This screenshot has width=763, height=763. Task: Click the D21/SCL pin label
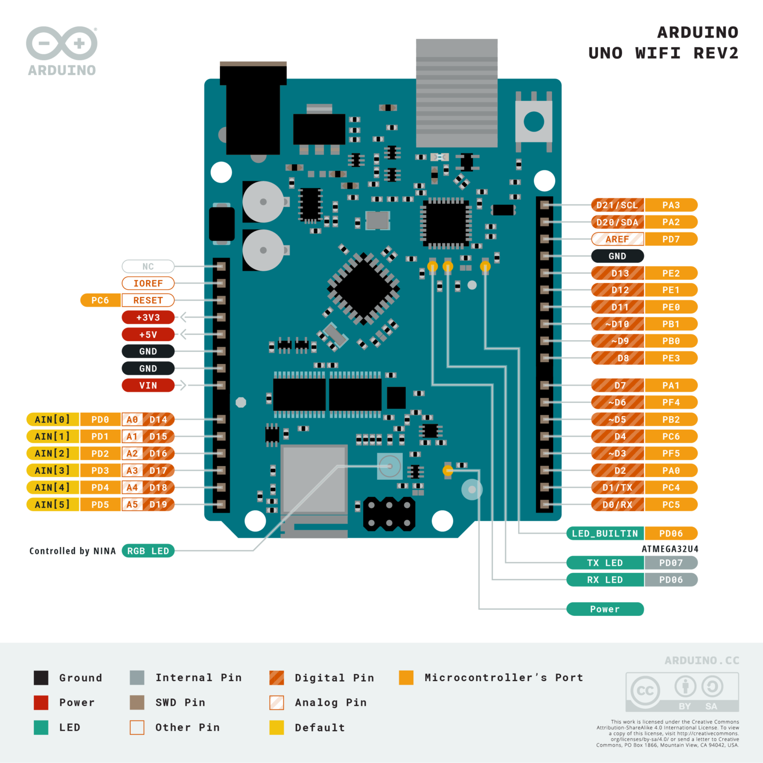coord(617,205)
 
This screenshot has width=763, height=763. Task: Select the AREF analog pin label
coord(617,239)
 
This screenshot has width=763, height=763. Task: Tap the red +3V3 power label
coord(148,317)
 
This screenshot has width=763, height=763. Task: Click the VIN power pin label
coord(148,385)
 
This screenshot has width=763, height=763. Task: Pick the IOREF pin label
coord(148,283)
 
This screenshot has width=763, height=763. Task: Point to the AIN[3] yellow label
coord(52,470)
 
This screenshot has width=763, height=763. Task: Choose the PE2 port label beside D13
coord(671,273)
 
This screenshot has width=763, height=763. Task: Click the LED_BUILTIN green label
coord(605,534)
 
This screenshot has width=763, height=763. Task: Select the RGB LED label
coord(148,551)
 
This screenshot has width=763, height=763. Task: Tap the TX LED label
coord(605,563)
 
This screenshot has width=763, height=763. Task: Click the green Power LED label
coord(605,609)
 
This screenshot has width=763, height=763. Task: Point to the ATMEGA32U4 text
coord(670,549)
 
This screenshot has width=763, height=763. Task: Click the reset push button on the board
coord(534,122)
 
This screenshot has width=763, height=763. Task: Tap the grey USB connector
coord(457,93)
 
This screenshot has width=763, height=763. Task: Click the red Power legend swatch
coord(41,702)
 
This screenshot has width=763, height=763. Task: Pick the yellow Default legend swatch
coord(277,727)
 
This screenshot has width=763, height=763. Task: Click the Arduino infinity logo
coord(62,44)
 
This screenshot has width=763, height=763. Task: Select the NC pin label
coord(148,266)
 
